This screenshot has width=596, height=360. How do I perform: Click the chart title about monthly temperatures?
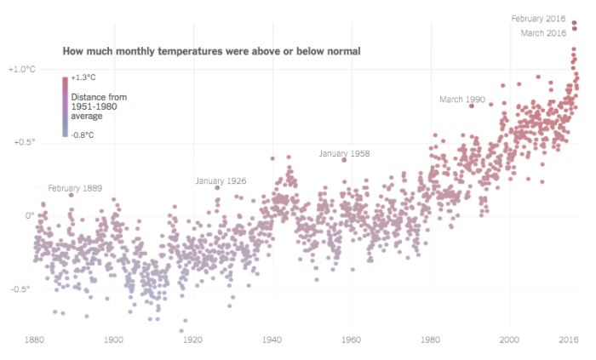point(211,52)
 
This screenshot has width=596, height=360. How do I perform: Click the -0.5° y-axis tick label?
point(21,289)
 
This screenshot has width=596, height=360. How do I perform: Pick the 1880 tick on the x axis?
point(35,340)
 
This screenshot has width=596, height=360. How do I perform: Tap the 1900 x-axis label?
point(113,340)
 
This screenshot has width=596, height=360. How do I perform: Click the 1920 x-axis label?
point(192,340)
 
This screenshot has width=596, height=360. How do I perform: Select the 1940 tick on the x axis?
point(272,340)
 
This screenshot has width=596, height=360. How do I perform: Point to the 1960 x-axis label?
point(351,340)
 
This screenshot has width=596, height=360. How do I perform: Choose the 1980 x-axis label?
point(430,340)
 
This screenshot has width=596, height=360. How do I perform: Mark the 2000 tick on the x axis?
point(510,340)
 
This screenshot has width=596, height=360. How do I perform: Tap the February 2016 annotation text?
point(539,18)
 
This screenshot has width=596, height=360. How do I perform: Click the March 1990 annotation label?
point(461,100)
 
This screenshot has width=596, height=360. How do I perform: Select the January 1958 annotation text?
point(344,153)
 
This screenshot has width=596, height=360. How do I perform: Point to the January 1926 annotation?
point(221,181)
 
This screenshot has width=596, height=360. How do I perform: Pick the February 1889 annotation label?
point(76,188)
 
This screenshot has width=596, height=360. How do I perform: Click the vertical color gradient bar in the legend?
point(65,106)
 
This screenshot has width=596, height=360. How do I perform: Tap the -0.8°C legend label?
point(83,134)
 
